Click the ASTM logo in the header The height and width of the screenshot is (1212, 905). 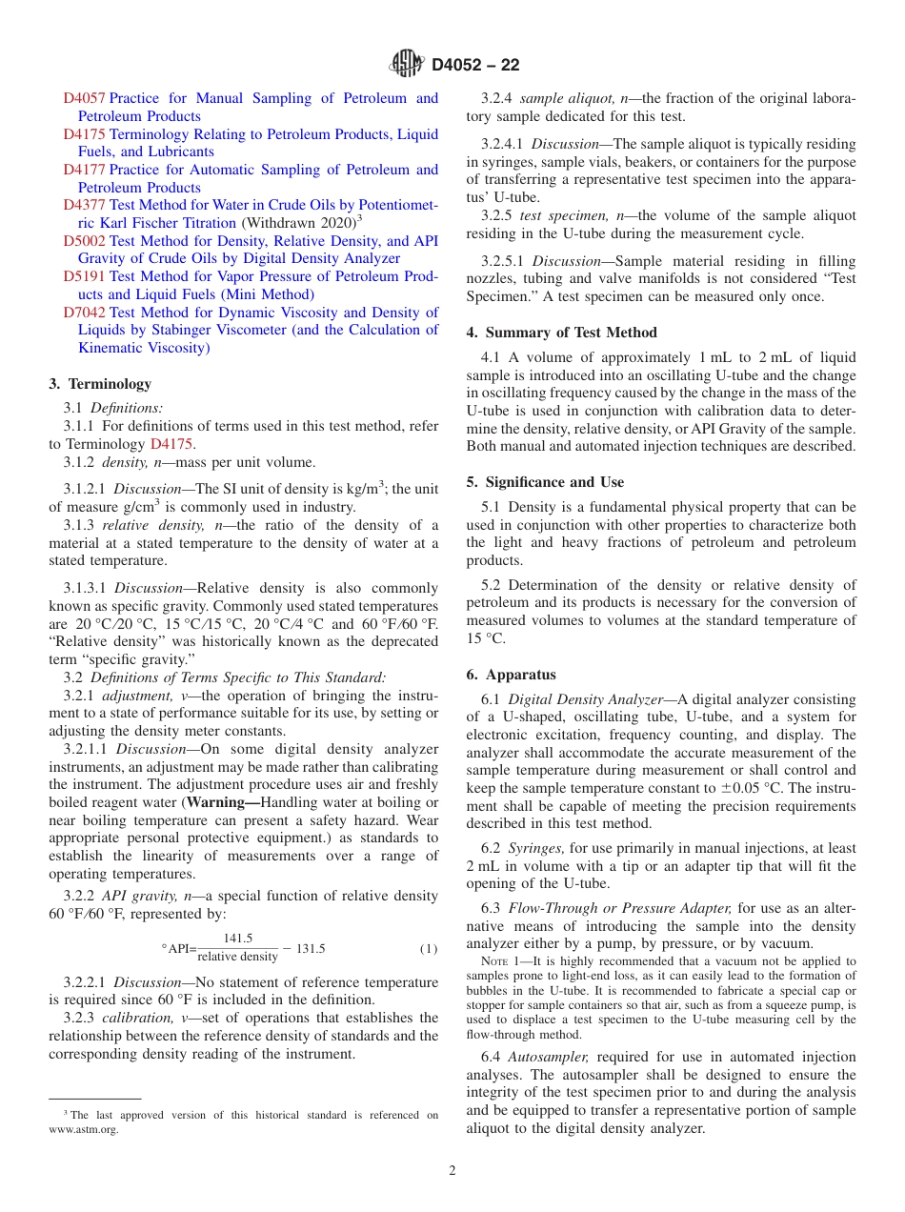pos(407,65)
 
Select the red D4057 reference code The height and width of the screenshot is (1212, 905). pos(84,98)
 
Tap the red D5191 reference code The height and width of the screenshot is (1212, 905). pos(84,277)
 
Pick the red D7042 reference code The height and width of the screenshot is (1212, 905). pos(84,313)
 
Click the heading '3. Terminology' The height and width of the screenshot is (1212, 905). pos(100,384)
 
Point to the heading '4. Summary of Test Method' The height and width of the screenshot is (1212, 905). pos(561,333)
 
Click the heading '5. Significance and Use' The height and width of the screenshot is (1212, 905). pos(545,482)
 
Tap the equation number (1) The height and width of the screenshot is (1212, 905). pos(429,949)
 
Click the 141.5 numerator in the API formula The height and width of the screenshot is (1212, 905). pos(237,939)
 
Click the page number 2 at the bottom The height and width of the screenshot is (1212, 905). pos(452,1171)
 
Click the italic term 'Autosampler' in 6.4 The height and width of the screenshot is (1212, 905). pos(549,1057)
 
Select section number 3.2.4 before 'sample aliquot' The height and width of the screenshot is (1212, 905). pos(497,98)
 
